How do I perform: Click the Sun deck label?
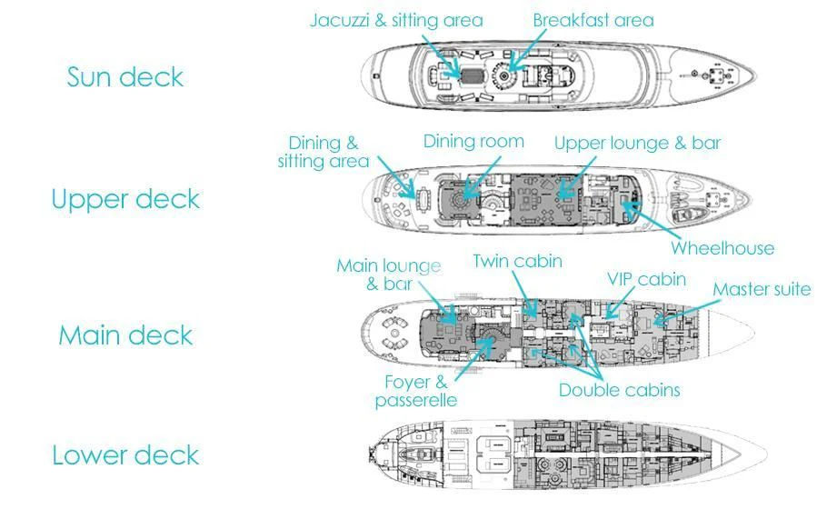point(125,77)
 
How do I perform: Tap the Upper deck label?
point(125,199)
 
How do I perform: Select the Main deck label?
point(125,335)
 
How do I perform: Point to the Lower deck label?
point(125,454)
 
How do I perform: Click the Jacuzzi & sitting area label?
point(396,20)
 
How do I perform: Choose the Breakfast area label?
point(593,20)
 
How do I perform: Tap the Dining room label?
point(473,141)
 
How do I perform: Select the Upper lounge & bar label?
point(637,143)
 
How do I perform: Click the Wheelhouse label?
point(722,248)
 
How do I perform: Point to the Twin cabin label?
point(517,262)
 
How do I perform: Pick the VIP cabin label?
point(646,279)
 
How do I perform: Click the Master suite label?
point(762,290)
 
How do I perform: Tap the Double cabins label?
point(619,390)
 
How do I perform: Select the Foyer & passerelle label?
point(415,391)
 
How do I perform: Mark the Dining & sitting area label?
point(324,153)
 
